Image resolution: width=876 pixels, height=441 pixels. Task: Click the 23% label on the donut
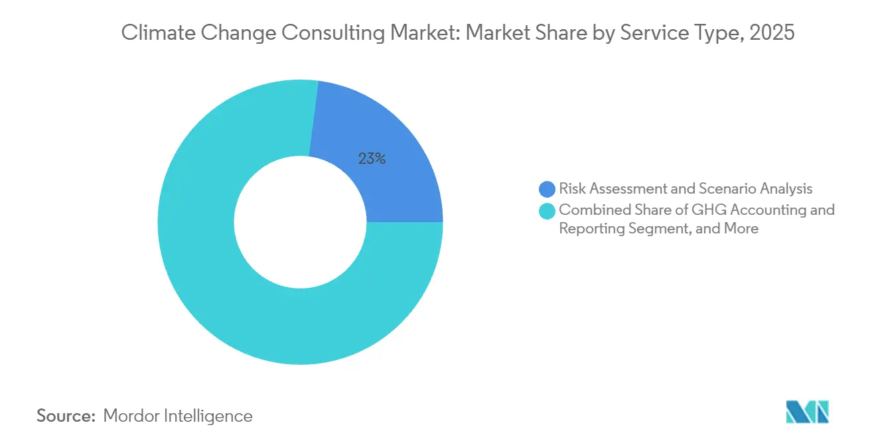pos(372,159)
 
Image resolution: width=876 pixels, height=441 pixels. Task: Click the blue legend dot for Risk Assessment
pos(547,189)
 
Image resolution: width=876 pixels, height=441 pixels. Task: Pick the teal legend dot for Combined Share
pos(547,211)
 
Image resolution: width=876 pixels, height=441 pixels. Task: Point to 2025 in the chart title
pos(771,32)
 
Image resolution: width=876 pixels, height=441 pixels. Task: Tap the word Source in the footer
pos(66,416)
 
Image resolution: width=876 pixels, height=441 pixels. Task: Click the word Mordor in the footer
pos(132,416)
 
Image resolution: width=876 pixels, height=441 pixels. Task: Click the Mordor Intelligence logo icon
pos(807,412)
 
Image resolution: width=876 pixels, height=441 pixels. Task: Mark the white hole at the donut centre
pos(300,222)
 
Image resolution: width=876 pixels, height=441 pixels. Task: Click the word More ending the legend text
pos(741,229)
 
